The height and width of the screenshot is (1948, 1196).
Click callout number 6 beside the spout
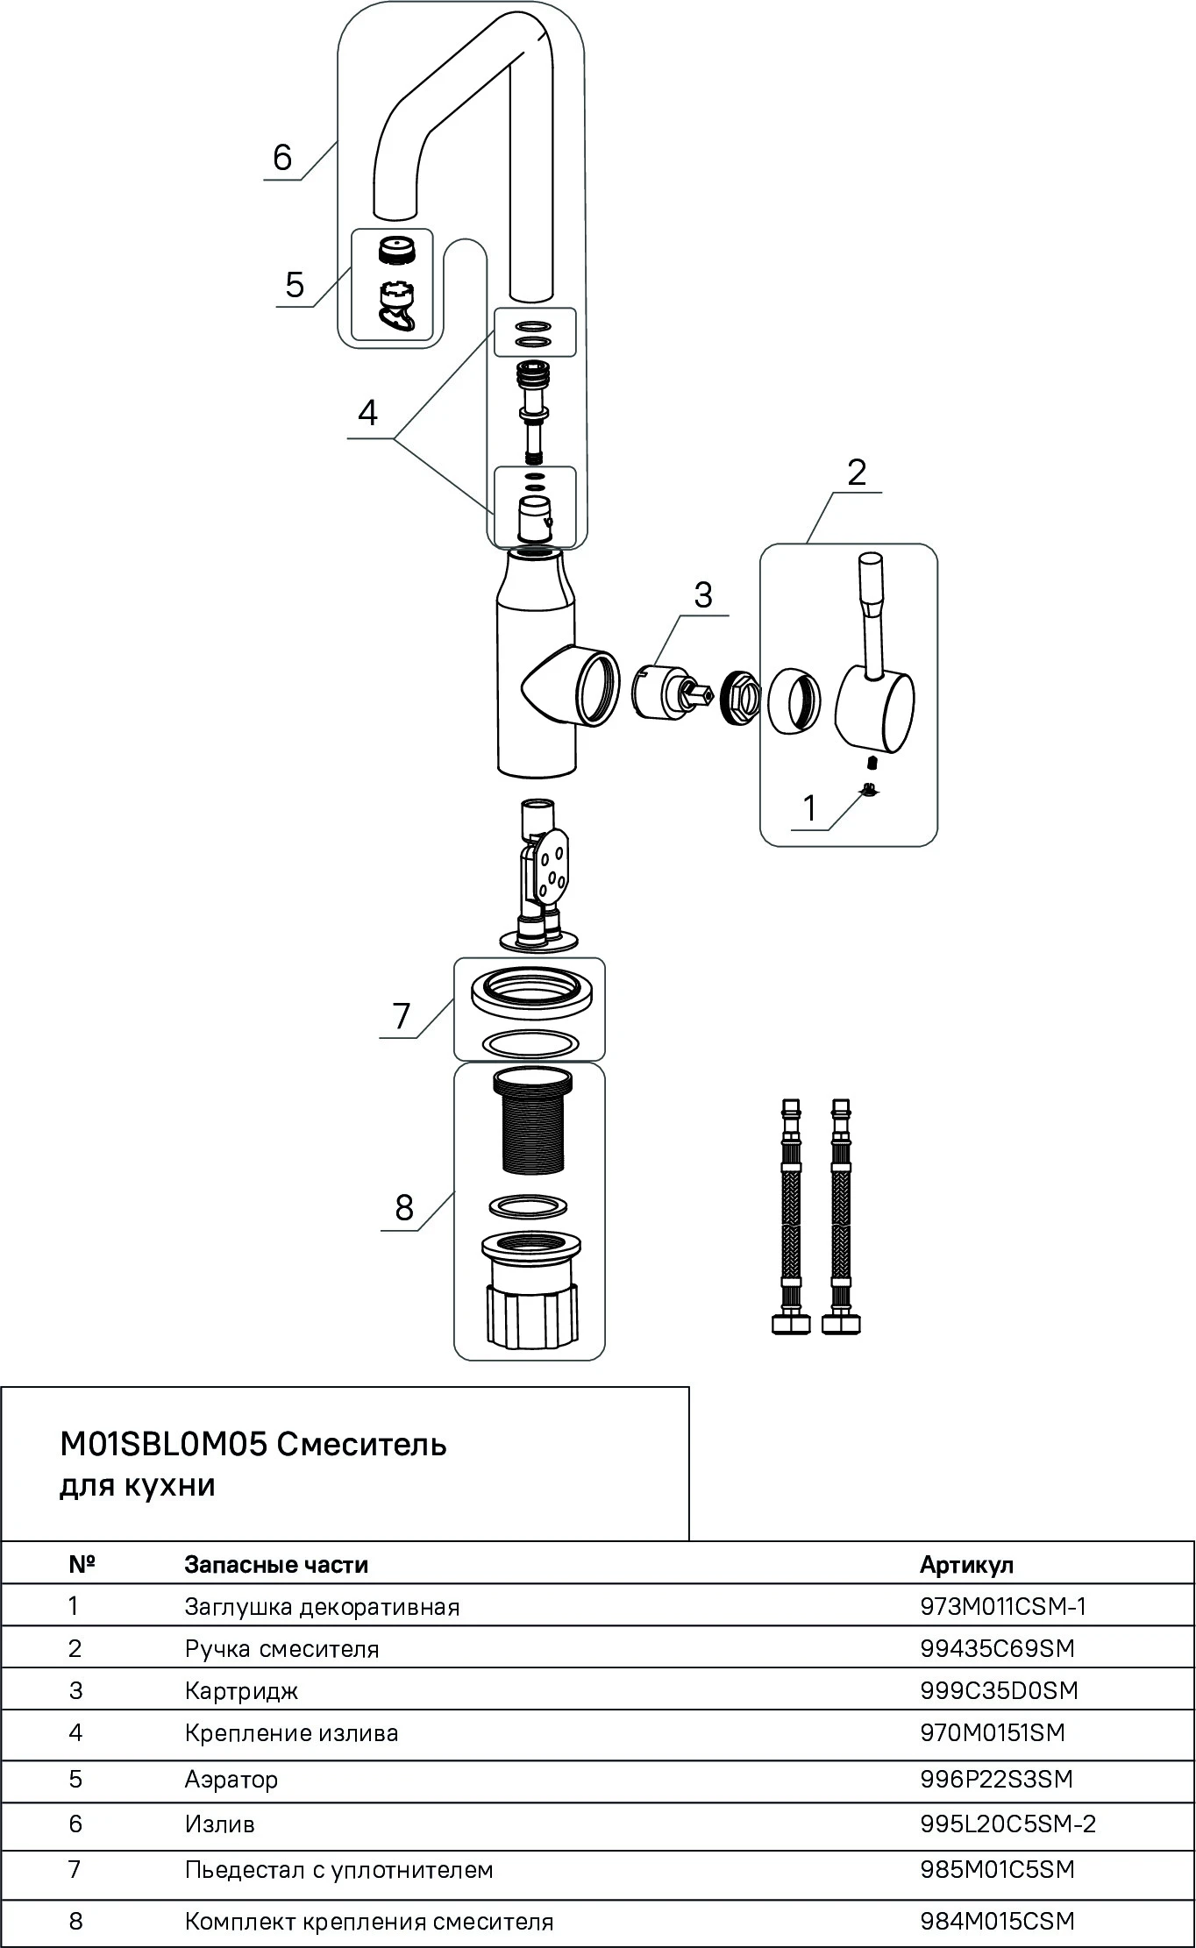(x=282, y=158)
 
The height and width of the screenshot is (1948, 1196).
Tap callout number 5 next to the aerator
(x=295, y=285)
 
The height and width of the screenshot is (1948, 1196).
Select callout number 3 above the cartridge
(x=703, y=595)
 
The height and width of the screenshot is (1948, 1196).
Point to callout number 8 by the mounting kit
(x=404, y=1207)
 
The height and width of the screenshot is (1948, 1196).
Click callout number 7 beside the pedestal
(x=402, y=1015)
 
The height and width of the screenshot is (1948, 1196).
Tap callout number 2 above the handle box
(x=857, y=473)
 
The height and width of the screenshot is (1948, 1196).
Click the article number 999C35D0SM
(x=999, y=1690)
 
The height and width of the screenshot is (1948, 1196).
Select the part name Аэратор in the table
(x=231, y=1779)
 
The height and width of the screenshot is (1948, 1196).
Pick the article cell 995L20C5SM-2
(x=1007, y=1824)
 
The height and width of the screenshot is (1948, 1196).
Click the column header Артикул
(x=966, y=1565)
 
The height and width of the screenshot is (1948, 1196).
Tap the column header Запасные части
(x=276, y=1565)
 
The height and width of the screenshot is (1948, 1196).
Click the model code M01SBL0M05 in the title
(x=163, y=1444)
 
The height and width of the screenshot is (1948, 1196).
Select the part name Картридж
(x=241, y=1690)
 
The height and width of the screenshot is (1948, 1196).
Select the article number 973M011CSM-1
(x=1003, y=1606)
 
